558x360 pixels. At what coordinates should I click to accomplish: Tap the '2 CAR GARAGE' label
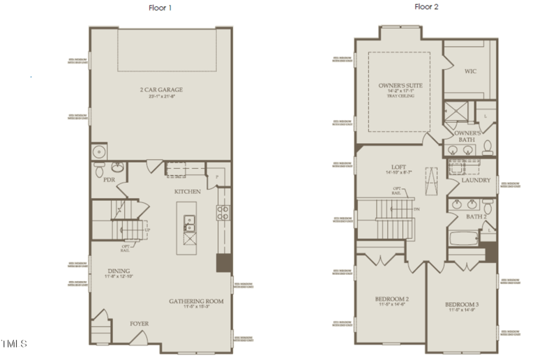(160, 89)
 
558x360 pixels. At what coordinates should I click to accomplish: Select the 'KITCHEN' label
(187, 191)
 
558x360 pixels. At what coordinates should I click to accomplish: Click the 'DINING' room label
(119, 271)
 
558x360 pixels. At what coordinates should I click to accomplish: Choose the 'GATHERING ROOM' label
(196, 301)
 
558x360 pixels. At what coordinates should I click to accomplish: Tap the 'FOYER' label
(139, 324)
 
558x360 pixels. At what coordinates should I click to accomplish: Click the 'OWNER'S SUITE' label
(400, 85)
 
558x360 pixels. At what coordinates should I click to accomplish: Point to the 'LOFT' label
(398, 167)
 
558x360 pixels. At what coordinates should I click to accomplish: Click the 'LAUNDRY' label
(476, 180)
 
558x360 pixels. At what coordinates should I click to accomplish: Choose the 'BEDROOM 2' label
(391, 299)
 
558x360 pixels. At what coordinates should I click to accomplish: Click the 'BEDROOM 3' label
(462, 305)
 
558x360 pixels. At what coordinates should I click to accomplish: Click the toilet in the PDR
(100, 169)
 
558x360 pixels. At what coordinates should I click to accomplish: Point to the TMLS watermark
(14, 344)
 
